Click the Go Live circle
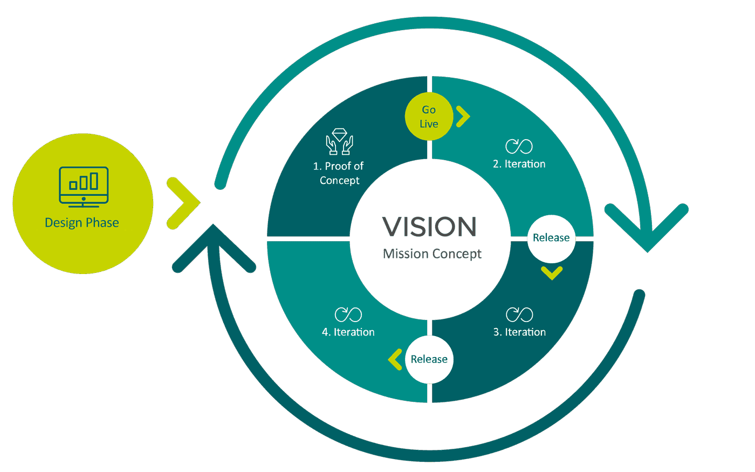429,117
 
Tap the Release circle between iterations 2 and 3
551,238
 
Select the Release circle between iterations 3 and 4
429,359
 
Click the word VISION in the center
429,227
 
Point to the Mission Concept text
432,254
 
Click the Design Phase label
82,223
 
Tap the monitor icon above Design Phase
84,187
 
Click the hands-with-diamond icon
339,142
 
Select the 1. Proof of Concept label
339,173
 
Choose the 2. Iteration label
519,164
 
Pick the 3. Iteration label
519,332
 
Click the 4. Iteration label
348,332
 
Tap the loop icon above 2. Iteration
519,146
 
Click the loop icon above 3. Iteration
519,314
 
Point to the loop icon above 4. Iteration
348,314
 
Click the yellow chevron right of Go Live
463,117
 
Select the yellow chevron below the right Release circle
552,273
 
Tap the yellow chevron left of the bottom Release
395,359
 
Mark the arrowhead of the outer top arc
647,232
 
